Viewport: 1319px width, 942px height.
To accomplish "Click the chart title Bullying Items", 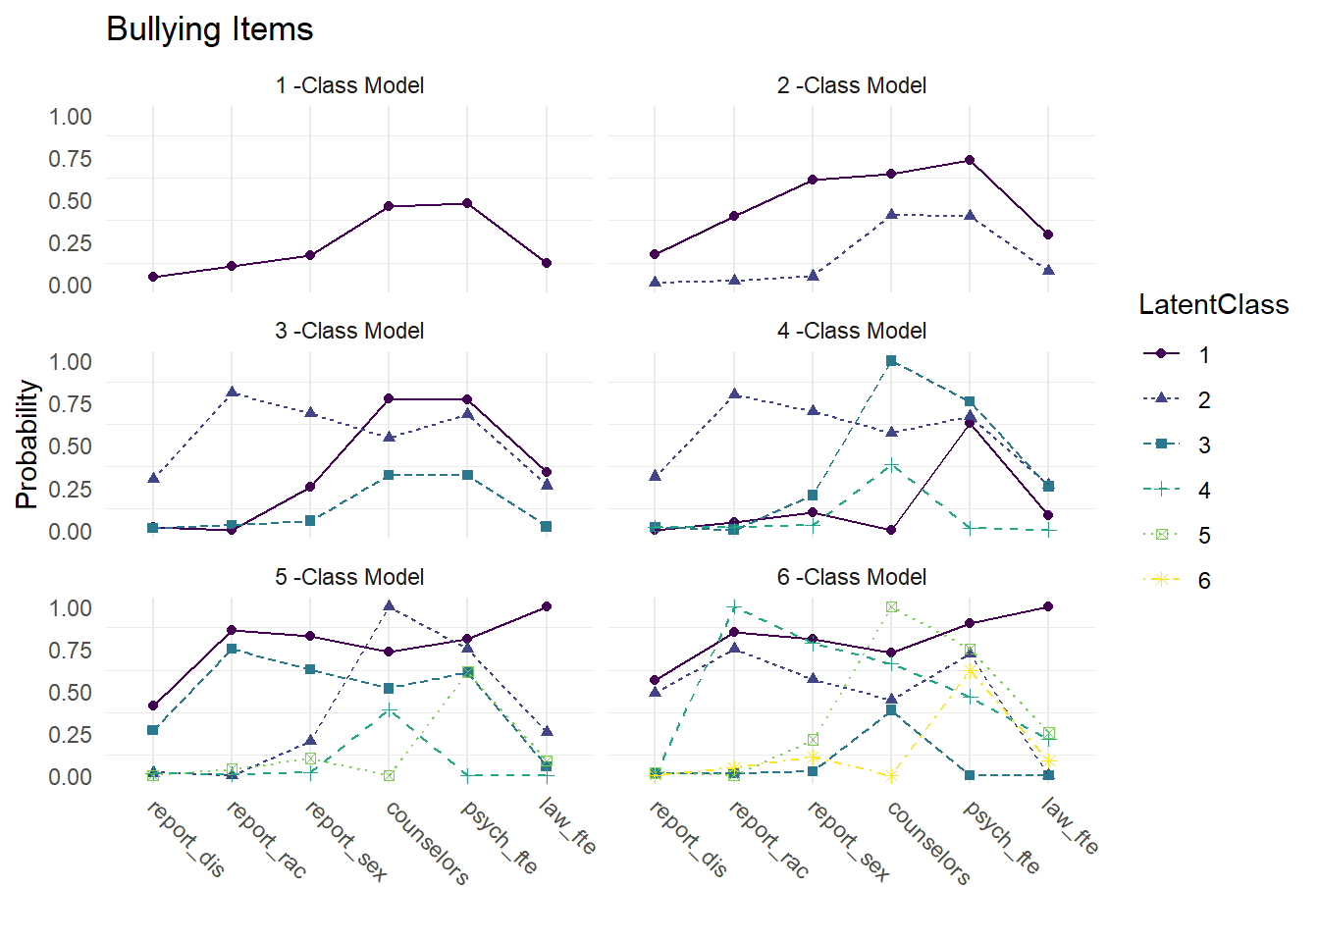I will [209, 29].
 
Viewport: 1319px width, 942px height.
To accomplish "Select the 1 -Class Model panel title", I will [349, 85].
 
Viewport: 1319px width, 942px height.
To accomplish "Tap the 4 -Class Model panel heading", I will [851, 331].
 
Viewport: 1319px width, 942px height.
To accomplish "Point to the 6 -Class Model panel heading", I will [851, 577].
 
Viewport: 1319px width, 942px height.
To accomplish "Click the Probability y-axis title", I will [26, 445].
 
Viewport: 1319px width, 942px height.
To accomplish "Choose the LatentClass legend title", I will [1213, 305].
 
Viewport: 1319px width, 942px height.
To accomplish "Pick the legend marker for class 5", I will [1162, 535].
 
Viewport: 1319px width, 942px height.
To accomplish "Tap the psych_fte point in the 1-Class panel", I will [467, 203].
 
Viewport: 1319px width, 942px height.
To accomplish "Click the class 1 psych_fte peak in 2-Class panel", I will [970, 160].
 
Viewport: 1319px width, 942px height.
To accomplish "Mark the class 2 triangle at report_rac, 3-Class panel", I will [232, 392].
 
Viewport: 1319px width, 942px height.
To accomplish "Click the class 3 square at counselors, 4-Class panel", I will [891, 361].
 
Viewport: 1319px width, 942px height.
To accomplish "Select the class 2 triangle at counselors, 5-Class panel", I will [389, 606].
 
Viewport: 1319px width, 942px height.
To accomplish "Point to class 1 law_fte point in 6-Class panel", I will [1048, 606].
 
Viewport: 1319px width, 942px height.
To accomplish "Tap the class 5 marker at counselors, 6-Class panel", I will [891, 606].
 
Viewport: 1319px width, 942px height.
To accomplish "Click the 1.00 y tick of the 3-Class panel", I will [71, 362].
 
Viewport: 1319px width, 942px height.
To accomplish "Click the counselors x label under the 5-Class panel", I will [427, 842].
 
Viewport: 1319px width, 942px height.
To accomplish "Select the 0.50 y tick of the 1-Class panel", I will [71, 201].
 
